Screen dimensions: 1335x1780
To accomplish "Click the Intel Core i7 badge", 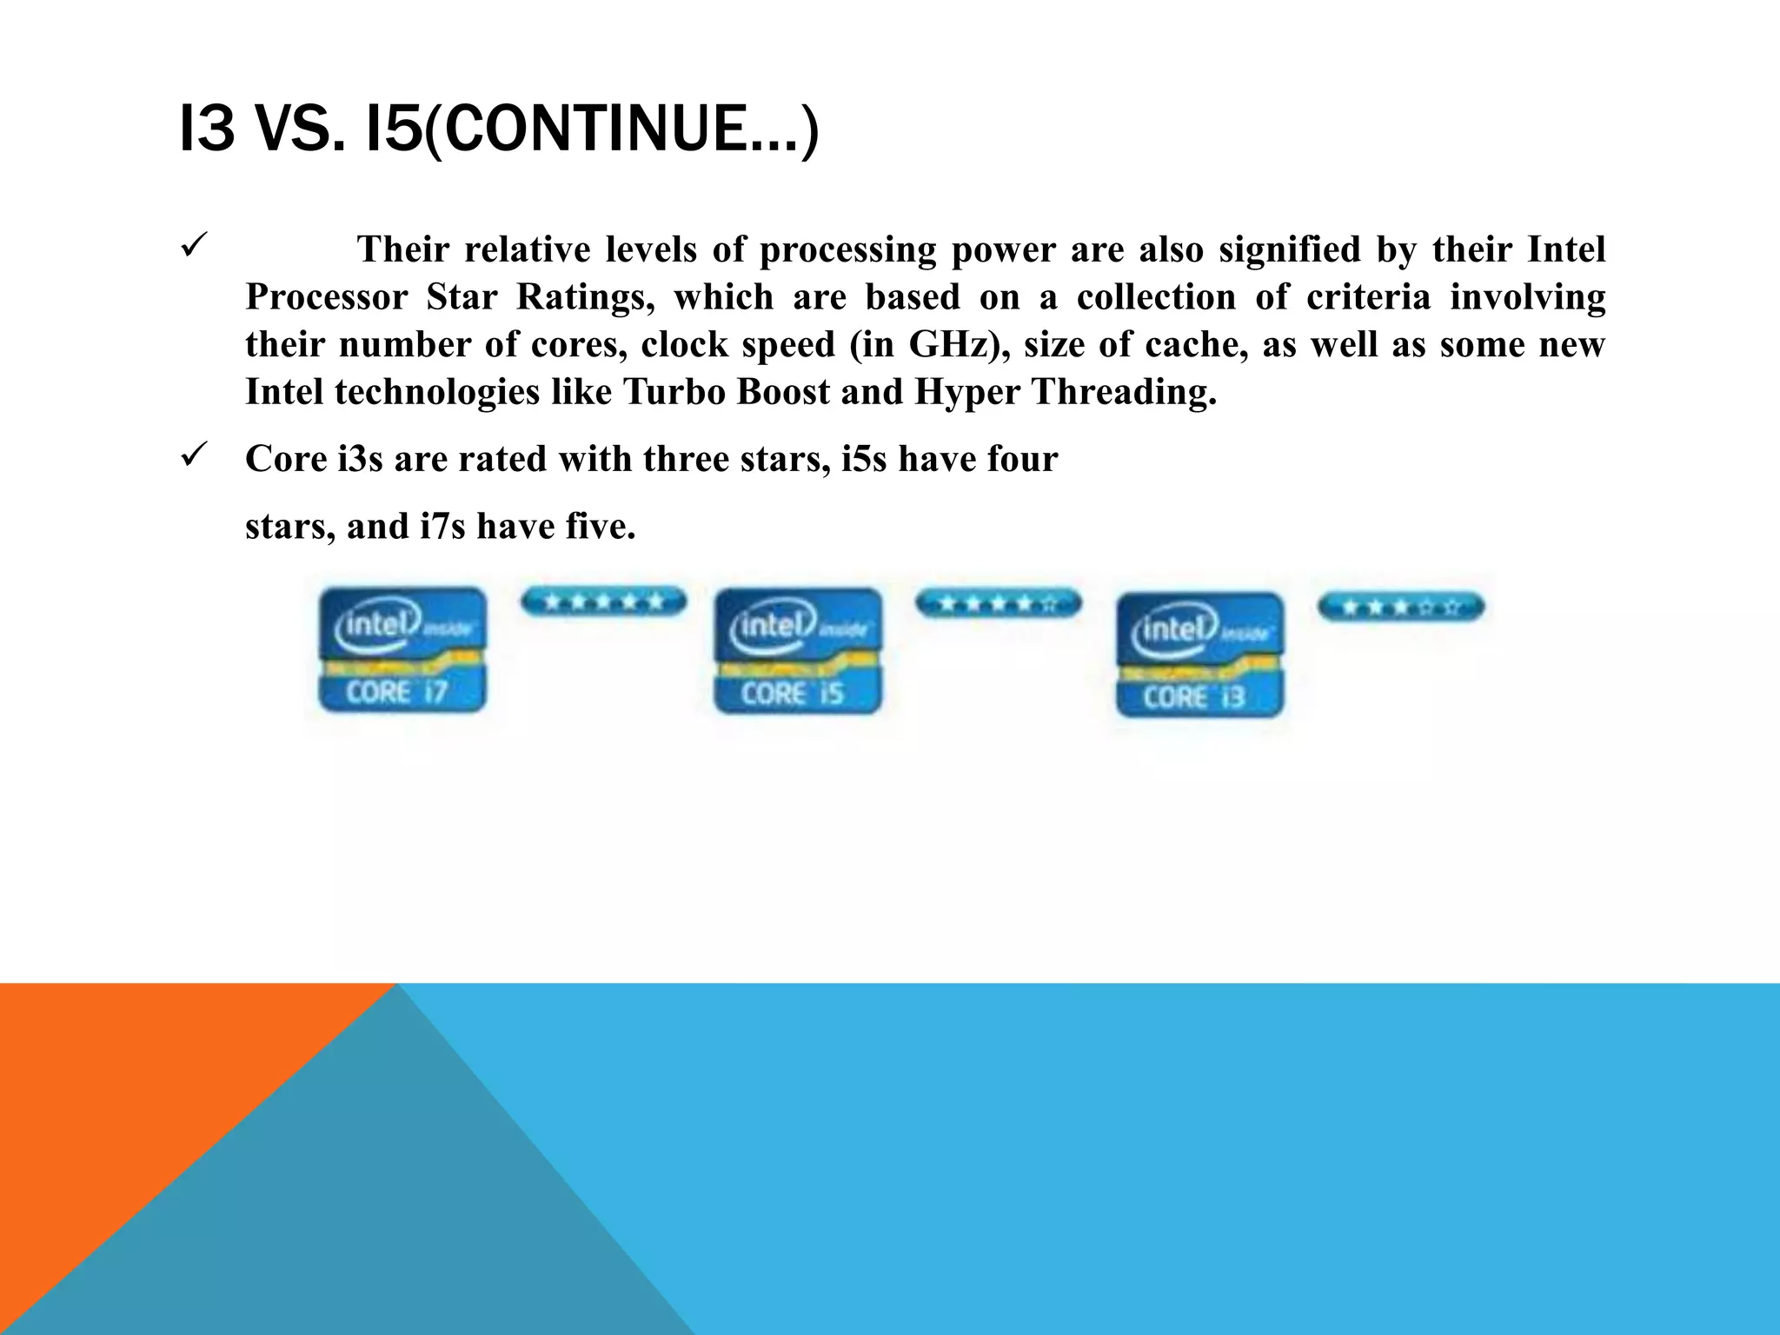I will point(402,650).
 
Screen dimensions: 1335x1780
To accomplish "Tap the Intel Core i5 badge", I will point(797,651).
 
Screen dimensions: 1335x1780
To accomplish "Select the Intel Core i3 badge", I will point(1199,654).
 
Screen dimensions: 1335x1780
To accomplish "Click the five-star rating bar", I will point(603,601).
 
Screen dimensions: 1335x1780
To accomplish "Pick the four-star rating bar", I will point(998,602).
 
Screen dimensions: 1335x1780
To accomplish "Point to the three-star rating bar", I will point(1400,607).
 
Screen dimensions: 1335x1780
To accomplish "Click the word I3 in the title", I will point(207,129).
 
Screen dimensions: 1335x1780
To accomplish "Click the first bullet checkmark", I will point(192,246).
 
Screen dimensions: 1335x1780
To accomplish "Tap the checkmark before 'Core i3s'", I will point(192,454).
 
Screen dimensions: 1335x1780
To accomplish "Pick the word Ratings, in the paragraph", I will point(585,297).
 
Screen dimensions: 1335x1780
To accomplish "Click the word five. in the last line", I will point(601,527).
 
